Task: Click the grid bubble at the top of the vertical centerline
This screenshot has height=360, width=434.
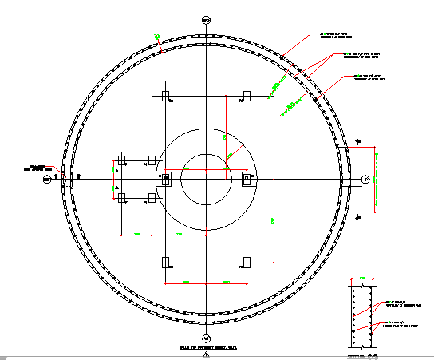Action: tap(206, 19)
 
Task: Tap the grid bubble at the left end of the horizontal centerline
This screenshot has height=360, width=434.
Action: tap(47, 179)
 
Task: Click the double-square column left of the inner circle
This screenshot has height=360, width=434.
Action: tap(165, 178)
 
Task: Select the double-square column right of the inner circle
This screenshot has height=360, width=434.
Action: tap(247, 178)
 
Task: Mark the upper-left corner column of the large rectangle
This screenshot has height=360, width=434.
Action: tap(165, 97)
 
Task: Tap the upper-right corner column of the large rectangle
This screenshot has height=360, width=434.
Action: tap(247, 97)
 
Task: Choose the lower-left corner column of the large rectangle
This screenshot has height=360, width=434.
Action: tap(165, 261)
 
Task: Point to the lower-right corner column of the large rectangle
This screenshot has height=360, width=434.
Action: tap(247, 261)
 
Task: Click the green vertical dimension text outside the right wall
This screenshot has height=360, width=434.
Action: tap(376, 179)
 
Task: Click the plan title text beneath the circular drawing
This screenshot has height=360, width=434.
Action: tap(206, 348)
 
